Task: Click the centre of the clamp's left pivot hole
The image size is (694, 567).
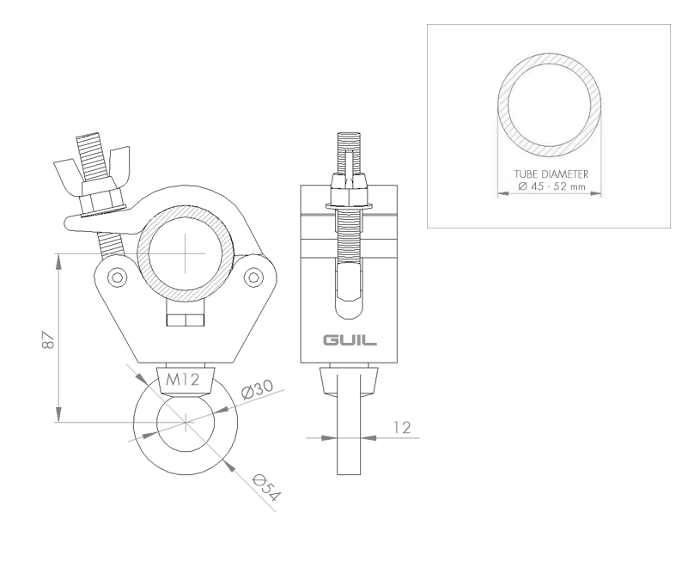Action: [x=118, y=277]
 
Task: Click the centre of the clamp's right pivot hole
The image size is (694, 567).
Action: [x=253, y=277]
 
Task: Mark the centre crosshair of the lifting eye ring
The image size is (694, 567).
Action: [x=186, y=423]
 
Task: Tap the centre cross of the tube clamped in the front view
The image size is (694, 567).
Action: [x=186, y=253]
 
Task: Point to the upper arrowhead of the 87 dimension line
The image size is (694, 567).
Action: [x=58, y=261]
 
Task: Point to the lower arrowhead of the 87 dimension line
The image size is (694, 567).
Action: [x=58, y=415]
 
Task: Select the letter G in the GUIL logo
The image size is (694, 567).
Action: [x=331, y=340]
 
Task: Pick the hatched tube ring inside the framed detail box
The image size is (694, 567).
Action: [x=549, y=105]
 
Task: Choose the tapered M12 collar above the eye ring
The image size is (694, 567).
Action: [x=186, y=381]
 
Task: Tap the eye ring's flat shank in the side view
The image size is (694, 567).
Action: [x=350, y=424]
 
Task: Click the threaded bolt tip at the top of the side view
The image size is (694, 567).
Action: [x=350, y=142]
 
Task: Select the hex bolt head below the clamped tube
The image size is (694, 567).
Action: [x=186, y=320]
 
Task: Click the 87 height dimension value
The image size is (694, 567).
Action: [x=48, y=339]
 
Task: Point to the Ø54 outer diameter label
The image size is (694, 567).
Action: [x=266, y=487]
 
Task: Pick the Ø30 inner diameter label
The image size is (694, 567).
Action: [x=257, y=389]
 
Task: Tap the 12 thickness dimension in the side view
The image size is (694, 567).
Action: [x=402, y=427]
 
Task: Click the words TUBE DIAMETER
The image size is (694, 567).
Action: [x=551, y=174]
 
